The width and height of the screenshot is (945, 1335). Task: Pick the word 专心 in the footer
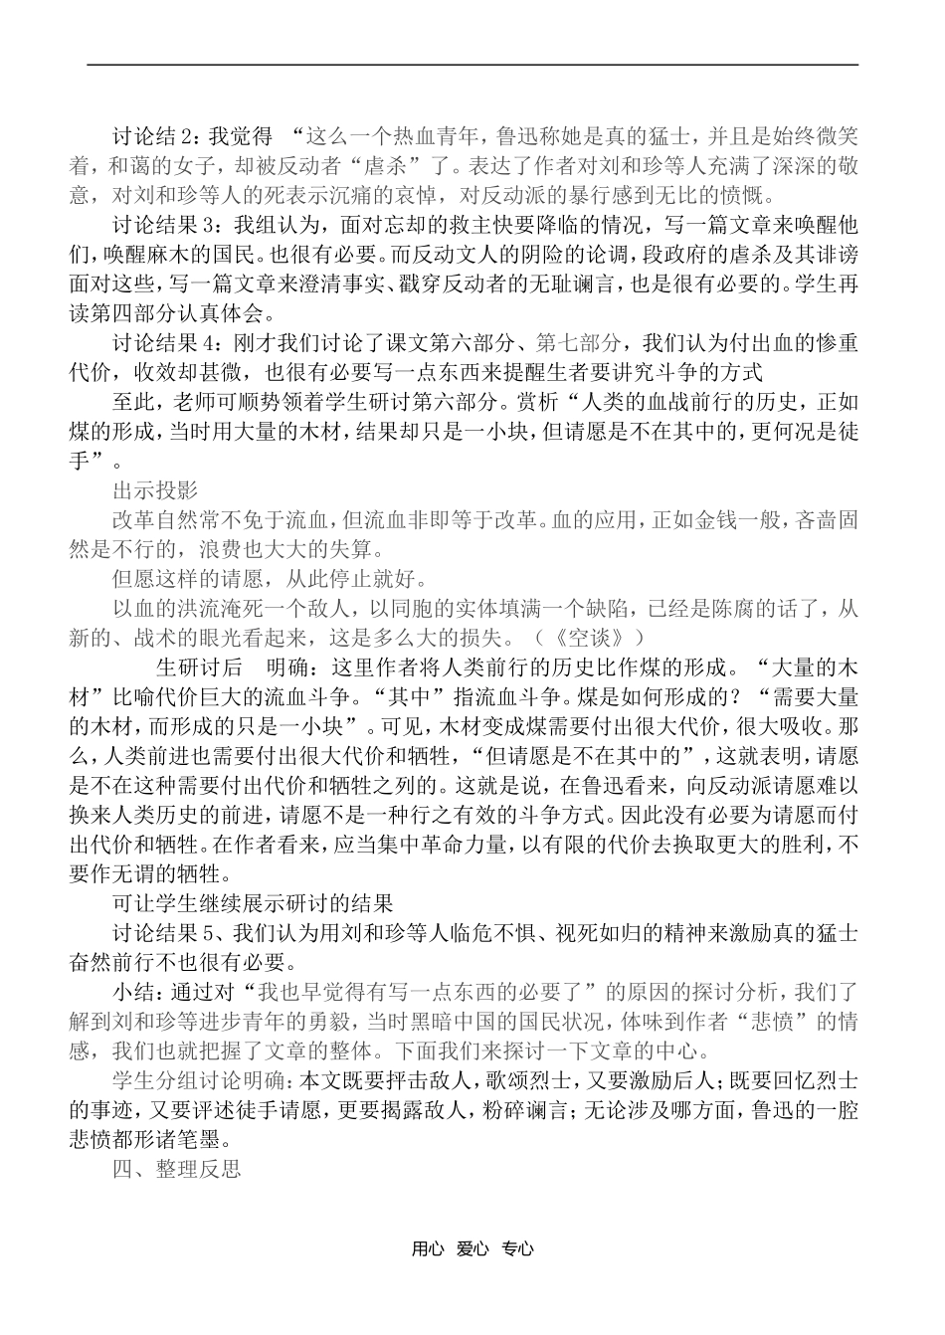pos(518,1250)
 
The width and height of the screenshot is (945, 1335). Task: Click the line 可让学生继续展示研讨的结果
pos(254,904)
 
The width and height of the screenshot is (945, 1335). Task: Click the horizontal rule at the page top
pos(472,65)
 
